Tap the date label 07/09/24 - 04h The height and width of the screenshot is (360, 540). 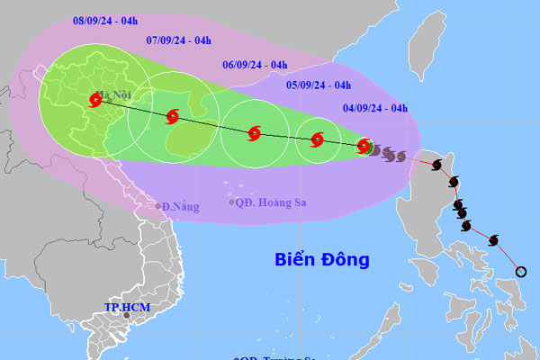pyautogui.click(x=178, y=40)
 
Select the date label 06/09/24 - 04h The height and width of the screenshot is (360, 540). pyautogui.click(x=255, y=65)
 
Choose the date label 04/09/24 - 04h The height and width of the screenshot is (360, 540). pyautogui.click(x=377, y=109)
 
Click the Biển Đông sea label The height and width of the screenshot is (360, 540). pyautogui.click(x=322, y=260)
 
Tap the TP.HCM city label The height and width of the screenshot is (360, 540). pyautogui.click(x=126, y=309)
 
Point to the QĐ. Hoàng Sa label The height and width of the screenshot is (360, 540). pyautogui.click(x=272, y=202)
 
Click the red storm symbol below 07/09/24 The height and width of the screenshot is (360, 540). pyautogui.click(x=172, y=115)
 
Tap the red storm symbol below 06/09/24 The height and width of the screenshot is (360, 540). pyautogui.click(x=254, y=133)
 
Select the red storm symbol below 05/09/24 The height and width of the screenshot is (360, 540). pyautogui.click(x=317, y=139)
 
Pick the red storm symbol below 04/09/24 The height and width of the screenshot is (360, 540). pyautogui.click(x=364, y=145)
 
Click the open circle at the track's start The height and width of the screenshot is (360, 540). pyautogui.click(x=520, y=271)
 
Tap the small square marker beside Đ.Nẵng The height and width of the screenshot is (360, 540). pyautogui.click(x=157, y=206)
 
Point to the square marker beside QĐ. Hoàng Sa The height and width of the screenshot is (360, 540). pyautogui.click(x=232, y=202)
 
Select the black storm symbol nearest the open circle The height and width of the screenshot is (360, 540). pyautogui.click(x=492, y=239)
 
